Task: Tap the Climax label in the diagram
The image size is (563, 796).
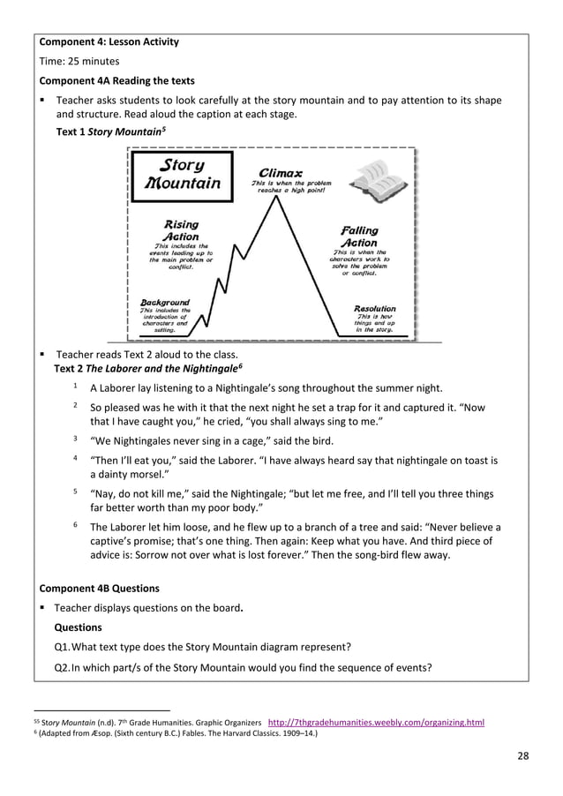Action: click(281, 172)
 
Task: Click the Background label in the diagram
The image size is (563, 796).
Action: click(164, 301)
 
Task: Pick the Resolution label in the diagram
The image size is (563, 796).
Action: click(375, 308)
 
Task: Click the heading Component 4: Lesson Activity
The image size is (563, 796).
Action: click(109, 41)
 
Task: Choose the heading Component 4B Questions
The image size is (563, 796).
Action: click(100, 588)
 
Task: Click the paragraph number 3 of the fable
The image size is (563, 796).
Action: click(76, 439)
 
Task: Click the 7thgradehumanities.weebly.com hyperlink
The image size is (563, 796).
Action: click(375, 722)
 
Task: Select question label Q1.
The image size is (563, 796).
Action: click(62, 648)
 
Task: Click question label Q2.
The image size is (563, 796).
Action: click(62, 667)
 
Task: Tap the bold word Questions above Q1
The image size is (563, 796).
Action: click(78, 627)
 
